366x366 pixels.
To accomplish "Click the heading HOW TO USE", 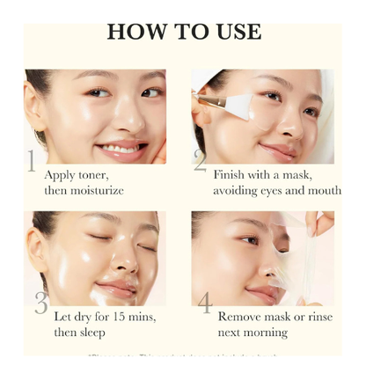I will point(184,32).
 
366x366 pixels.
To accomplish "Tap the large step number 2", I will point(201,161).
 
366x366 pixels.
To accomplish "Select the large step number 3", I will point(40,302).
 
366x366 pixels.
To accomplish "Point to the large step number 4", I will point(204,303).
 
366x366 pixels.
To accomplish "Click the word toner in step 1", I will point(96,174).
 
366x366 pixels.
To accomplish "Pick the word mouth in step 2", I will point(323,190).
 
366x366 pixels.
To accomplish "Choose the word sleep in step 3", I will point(90,332).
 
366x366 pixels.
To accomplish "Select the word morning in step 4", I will point(266,332).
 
